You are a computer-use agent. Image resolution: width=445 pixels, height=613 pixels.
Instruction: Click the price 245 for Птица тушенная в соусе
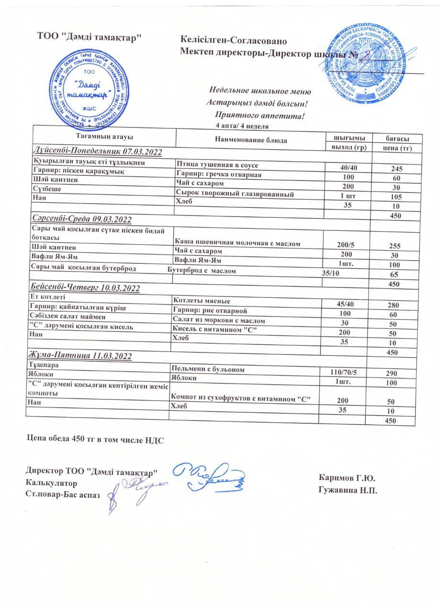click(x=396, y=169)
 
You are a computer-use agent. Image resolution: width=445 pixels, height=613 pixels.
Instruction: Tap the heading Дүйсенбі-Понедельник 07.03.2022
click(x=97, y=152)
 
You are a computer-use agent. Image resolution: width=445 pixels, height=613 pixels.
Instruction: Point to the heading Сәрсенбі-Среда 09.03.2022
click(x=82, y=219)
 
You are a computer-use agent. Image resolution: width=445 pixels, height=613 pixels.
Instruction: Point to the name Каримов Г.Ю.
click(x=346, y=478)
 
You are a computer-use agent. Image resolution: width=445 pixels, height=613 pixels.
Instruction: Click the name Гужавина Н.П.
click(x=347, y=489)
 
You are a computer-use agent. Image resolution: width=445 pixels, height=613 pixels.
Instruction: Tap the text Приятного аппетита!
click(x=260, y=115)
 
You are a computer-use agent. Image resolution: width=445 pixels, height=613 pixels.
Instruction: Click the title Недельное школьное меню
click(x=260, y=91)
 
